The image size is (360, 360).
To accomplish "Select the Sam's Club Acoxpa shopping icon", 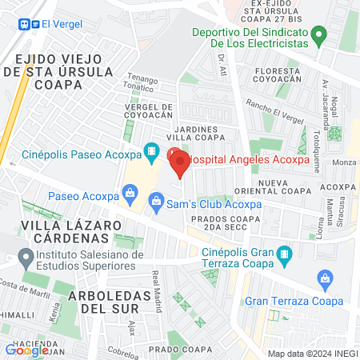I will [x=158, y=199].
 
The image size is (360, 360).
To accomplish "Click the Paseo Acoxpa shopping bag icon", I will [x=128, y=194].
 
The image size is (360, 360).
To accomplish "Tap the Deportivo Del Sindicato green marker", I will [x=319, y=35].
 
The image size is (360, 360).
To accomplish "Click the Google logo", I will [x=26, y=350].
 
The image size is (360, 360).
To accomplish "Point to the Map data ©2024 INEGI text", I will [x=311, y=354].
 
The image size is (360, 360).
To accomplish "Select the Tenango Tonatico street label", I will [x=142, y=84].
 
